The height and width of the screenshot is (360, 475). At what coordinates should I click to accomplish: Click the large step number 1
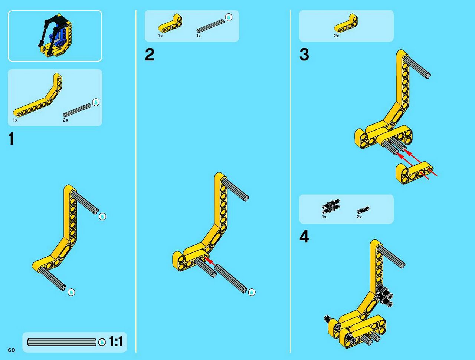click(x=12, y=138)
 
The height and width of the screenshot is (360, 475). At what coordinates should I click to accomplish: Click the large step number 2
click(x=150, y=55)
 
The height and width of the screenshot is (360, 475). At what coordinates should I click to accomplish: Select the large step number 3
click(x=304, y=55)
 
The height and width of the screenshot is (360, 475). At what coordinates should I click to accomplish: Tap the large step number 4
click(x=304, y=237)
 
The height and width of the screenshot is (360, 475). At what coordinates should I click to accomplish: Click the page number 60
click(x=12, y=350)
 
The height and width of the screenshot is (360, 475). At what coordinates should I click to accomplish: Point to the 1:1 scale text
click(x=116, y=341)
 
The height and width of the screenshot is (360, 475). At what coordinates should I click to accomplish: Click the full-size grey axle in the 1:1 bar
click(x=62, y=342)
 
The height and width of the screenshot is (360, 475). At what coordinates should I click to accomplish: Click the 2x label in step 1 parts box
click(x=66, y=120)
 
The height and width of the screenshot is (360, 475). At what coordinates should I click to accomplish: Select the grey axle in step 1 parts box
click(x=77, y=110)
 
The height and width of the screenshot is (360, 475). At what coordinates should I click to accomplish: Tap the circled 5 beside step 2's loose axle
click(x=252, y=292)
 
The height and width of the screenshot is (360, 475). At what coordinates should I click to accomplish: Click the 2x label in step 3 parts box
click(x=337, y=36)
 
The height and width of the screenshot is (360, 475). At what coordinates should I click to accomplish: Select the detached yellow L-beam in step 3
click(x=414, y=173)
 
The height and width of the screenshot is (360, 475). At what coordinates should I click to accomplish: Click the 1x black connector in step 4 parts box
click(x=331, y=206)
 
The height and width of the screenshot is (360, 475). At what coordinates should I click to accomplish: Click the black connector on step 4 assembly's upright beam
click(x=385, y=296)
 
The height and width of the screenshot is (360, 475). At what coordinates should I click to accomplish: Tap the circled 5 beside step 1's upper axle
click(x=102, y=217)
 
